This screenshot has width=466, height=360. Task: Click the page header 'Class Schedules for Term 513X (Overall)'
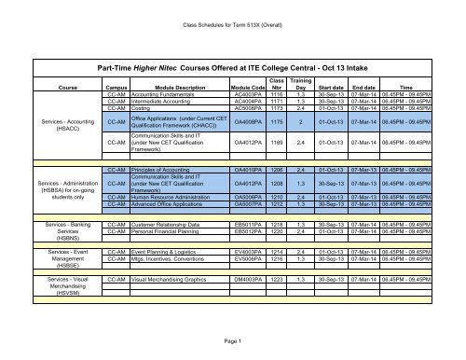tap(233, 11)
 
